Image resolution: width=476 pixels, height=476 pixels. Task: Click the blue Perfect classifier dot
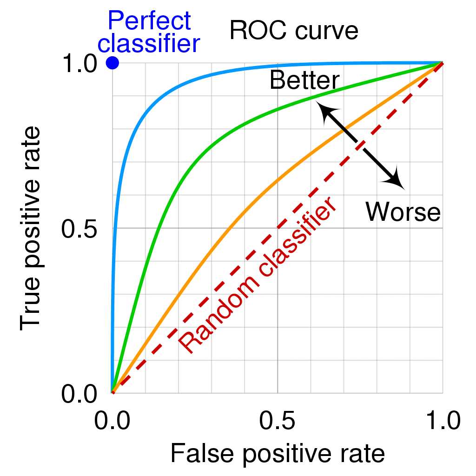pyautogui.click(x=112, y=62)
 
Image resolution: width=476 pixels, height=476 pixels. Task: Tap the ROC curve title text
pyautogui.click(x=294, y=31)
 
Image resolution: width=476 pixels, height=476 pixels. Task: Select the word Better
pyautogui.click(x=304, y=80)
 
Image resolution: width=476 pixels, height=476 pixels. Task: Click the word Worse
pyautogui.click(x=403, y=212)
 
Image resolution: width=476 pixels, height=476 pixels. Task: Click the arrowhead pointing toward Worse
pyautogui.click(x=397, y=181)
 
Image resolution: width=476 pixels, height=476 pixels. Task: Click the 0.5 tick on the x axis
pyautogui.click(x=278, y=421)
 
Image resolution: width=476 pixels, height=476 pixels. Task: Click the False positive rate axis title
pyautogui.click(x=278, y=453)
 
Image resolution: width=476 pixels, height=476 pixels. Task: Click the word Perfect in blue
pyautogui.click(x=149, y=21)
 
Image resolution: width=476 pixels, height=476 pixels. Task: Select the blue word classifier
pyautogui.click(x=149, y=44)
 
